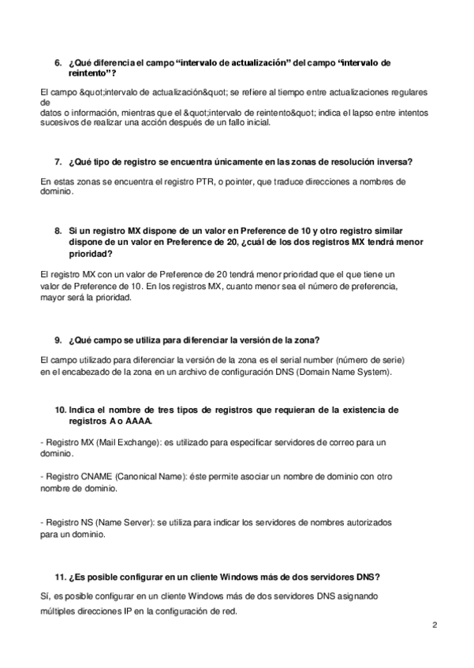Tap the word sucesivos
pos(58,124)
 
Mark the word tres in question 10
pos(181,410)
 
